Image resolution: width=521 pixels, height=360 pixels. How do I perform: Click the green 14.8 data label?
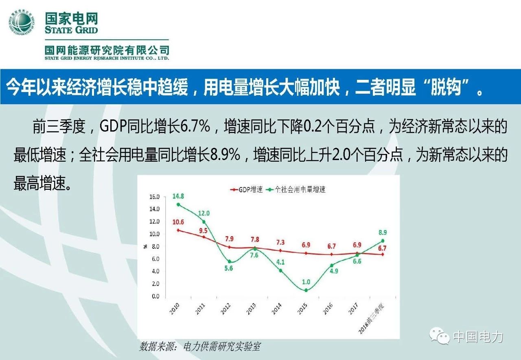point(178,196)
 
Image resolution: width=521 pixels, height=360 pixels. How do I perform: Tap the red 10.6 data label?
point(178,222)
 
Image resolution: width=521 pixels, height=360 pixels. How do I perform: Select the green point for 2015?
point(306,290)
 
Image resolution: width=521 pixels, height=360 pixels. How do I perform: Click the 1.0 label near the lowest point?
point(306,282)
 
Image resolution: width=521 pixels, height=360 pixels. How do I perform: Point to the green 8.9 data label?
point(382,233)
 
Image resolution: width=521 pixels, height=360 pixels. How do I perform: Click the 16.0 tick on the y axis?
point(155,197)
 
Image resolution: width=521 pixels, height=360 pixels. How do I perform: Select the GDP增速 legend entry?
point(247,189)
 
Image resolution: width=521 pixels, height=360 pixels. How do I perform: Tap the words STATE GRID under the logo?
point(72,30)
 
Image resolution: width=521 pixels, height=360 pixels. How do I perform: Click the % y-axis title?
point(145,246)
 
